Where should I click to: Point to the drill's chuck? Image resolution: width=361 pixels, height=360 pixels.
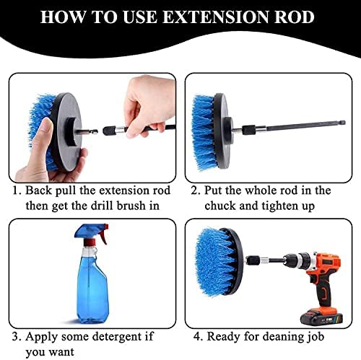(x=297, y=260)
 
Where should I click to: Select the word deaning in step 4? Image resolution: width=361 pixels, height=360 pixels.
(x=275, y=337)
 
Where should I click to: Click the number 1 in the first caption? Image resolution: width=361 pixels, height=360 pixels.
(x=15, y=190)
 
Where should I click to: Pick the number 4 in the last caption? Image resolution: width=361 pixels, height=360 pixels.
(x=196, y=337)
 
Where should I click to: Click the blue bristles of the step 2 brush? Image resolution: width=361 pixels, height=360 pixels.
(x=203, y=132)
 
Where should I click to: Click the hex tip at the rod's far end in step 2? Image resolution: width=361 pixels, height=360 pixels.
(x=343, y=123)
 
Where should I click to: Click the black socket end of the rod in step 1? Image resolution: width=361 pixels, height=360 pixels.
(x=108, y=131)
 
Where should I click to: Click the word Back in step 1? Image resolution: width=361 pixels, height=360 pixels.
(x=38, y=190)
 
